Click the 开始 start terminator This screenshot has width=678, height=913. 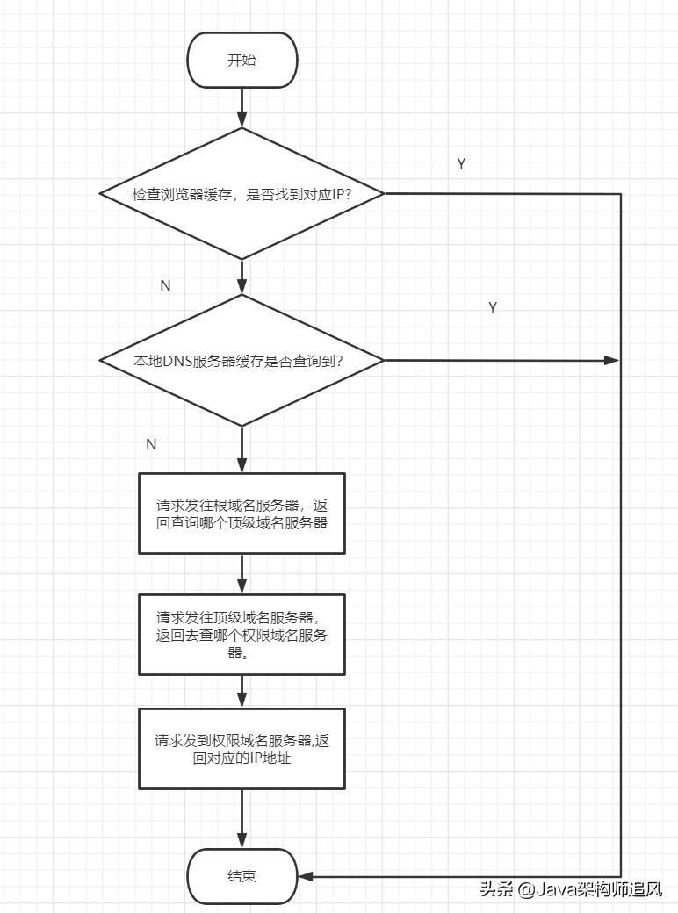pos(242,60)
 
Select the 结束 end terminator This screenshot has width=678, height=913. pos(242,876)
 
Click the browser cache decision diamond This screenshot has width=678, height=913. pos(242,193)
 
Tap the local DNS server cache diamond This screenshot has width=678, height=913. pos(242,360)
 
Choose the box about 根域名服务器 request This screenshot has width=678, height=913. pos(242,514)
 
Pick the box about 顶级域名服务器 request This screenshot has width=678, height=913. pos(242,634)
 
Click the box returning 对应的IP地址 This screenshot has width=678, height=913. pos(242,749)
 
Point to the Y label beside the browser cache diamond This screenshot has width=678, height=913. pos(461,164)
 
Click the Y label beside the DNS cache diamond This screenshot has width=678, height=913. pos(493,307)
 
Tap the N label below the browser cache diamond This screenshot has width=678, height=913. pos(165,286)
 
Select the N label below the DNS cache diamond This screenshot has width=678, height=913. pos(151,444)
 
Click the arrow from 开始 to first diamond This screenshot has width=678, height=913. pos(242,108)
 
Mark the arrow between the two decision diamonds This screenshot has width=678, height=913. pos(242,277)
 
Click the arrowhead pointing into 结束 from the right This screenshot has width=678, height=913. pos(306,876)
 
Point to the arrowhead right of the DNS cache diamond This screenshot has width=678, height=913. pos(612,360)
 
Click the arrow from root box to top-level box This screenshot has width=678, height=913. pos(242,574)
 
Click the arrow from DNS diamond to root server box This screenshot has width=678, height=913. pos(242,449)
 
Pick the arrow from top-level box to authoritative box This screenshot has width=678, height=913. pos(242,691)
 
